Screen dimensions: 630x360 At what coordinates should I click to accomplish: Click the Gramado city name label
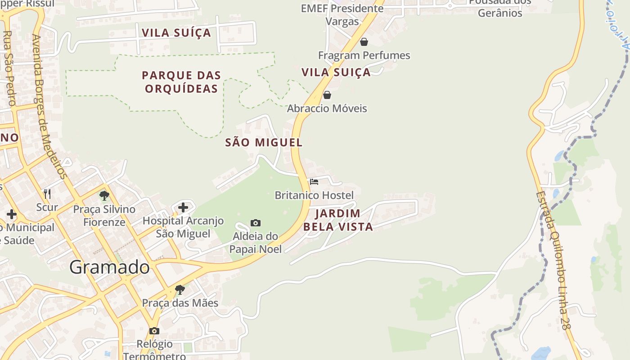pos(109,268)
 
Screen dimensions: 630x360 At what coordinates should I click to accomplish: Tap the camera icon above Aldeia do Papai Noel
pos(256,223)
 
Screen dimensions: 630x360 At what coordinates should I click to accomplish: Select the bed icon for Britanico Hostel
pos(314,182)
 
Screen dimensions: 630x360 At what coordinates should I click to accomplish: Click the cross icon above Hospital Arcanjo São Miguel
pos(183,207)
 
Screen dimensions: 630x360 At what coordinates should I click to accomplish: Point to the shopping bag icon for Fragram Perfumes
pos(364,42)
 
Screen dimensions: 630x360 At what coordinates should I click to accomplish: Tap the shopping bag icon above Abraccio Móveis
pos(327,95)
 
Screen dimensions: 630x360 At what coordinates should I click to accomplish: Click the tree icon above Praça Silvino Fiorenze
pos(104,196)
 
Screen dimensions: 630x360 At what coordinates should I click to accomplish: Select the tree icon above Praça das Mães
pos(180,289)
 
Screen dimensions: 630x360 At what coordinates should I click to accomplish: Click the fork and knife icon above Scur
pos(47,194)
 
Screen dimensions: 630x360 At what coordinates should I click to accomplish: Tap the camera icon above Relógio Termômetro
pos(154,331)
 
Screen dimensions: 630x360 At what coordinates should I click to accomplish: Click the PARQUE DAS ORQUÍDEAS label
pos(181,82)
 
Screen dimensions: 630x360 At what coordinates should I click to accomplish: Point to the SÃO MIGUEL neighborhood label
pos(264,143)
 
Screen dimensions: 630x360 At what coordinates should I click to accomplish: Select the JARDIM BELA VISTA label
pos(338,220)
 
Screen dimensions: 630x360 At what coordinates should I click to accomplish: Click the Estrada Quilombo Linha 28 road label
pos(553,261)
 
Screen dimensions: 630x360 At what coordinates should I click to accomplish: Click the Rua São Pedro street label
pos(9,67)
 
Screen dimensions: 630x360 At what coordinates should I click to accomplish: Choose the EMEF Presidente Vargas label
pos(342,14)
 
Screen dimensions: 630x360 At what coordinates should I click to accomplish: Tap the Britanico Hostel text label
pos(314,195)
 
